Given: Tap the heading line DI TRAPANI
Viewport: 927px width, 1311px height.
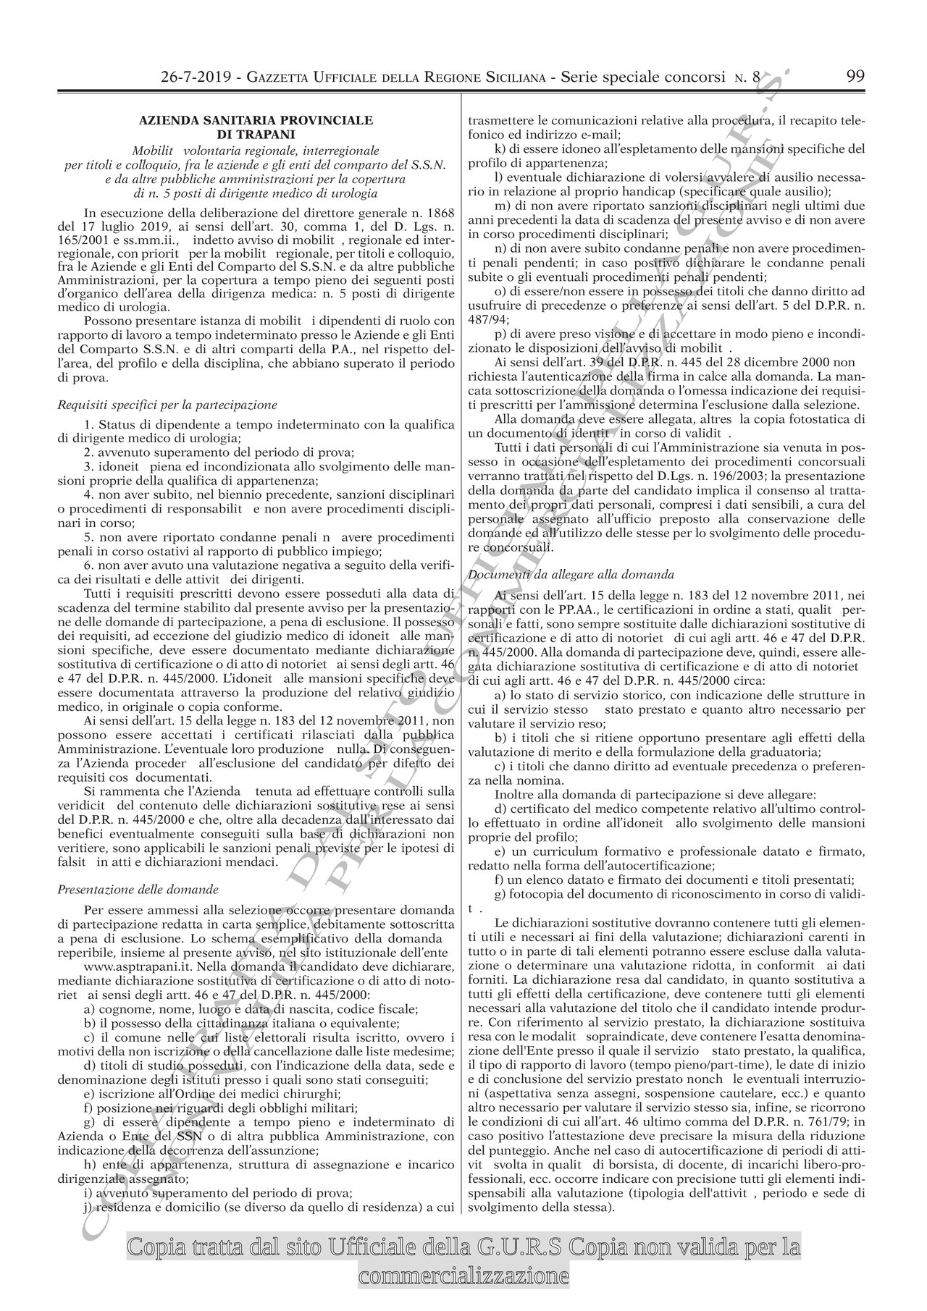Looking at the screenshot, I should (256, 134).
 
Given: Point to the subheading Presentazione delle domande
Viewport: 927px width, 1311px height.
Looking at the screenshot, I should (138, 888).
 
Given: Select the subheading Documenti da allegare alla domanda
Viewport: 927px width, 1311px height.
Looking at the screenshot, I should (571, 574).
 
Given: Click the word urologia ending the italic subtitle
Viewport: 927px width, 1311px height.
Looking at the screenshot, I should (355, 192).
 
